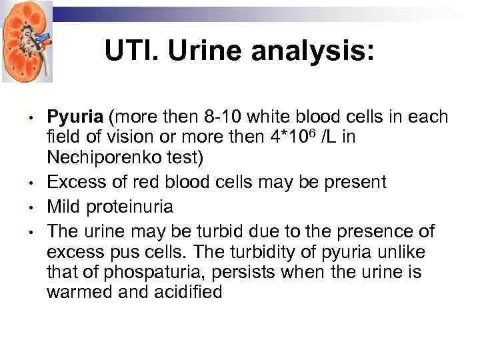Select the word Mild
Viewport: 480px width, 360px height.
point(63,207)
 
